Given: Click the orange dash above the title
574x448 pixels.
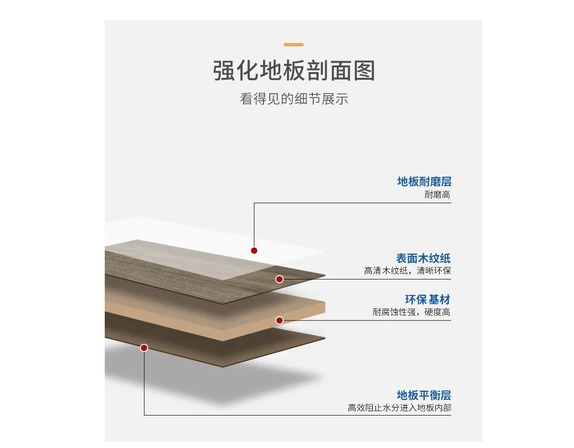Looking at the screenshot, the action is (x=294, y=44).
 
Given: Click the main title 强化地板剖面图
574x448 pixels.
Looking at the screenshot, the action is (x=294, y=70).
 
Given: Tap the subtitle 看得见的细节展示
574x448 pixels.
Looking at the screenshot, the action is (x=294, y=99).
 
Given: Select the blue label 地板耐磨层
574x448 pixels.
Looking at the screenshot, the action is (x=424, y=181).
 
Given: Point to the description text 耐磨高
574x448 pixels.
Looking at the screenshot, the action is (x=437, y=194).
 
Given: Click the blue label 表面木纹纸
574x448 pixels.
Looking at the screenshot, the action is (x=423, y=258).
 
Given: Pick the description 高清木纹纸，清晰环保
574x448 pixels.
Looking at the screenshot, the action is (x=408, y=270).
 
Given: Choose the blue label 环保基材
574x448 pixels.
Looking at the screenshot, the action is (x=428, y=299).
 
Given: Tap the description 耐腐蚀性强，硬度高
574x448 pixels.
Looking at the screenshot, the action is (x=411, y=312).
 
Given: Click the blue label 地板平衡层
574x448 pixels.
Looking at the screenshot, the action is (x=424, y=395).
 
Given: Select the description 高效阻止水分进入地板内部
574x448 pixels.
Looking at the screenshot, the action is (x=399, y=408).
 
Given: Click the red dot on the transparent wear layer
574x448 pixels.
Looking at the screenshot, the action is (x=254, y=250).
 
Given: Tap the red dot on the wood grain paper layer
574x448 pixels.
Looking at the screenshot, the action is (x=279, y=279).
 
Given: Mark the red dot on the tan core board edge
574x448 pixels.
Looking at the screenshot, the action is (x=279, y=320).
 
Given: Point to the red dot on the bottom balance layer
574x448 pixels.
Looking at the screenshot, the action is (x=144, y=348).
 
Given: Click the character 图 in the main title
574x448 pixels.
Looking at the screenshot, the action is (x=364, y=70).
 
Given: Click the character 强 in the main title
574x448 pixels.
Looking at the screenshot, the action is (x=224, y=70).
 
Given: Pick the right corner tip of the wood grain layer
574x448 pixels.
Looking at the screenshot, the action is (x=325, y=275).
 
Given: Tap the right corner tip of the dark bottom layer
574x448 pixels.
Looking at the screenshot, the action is (x=325, y=338).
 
